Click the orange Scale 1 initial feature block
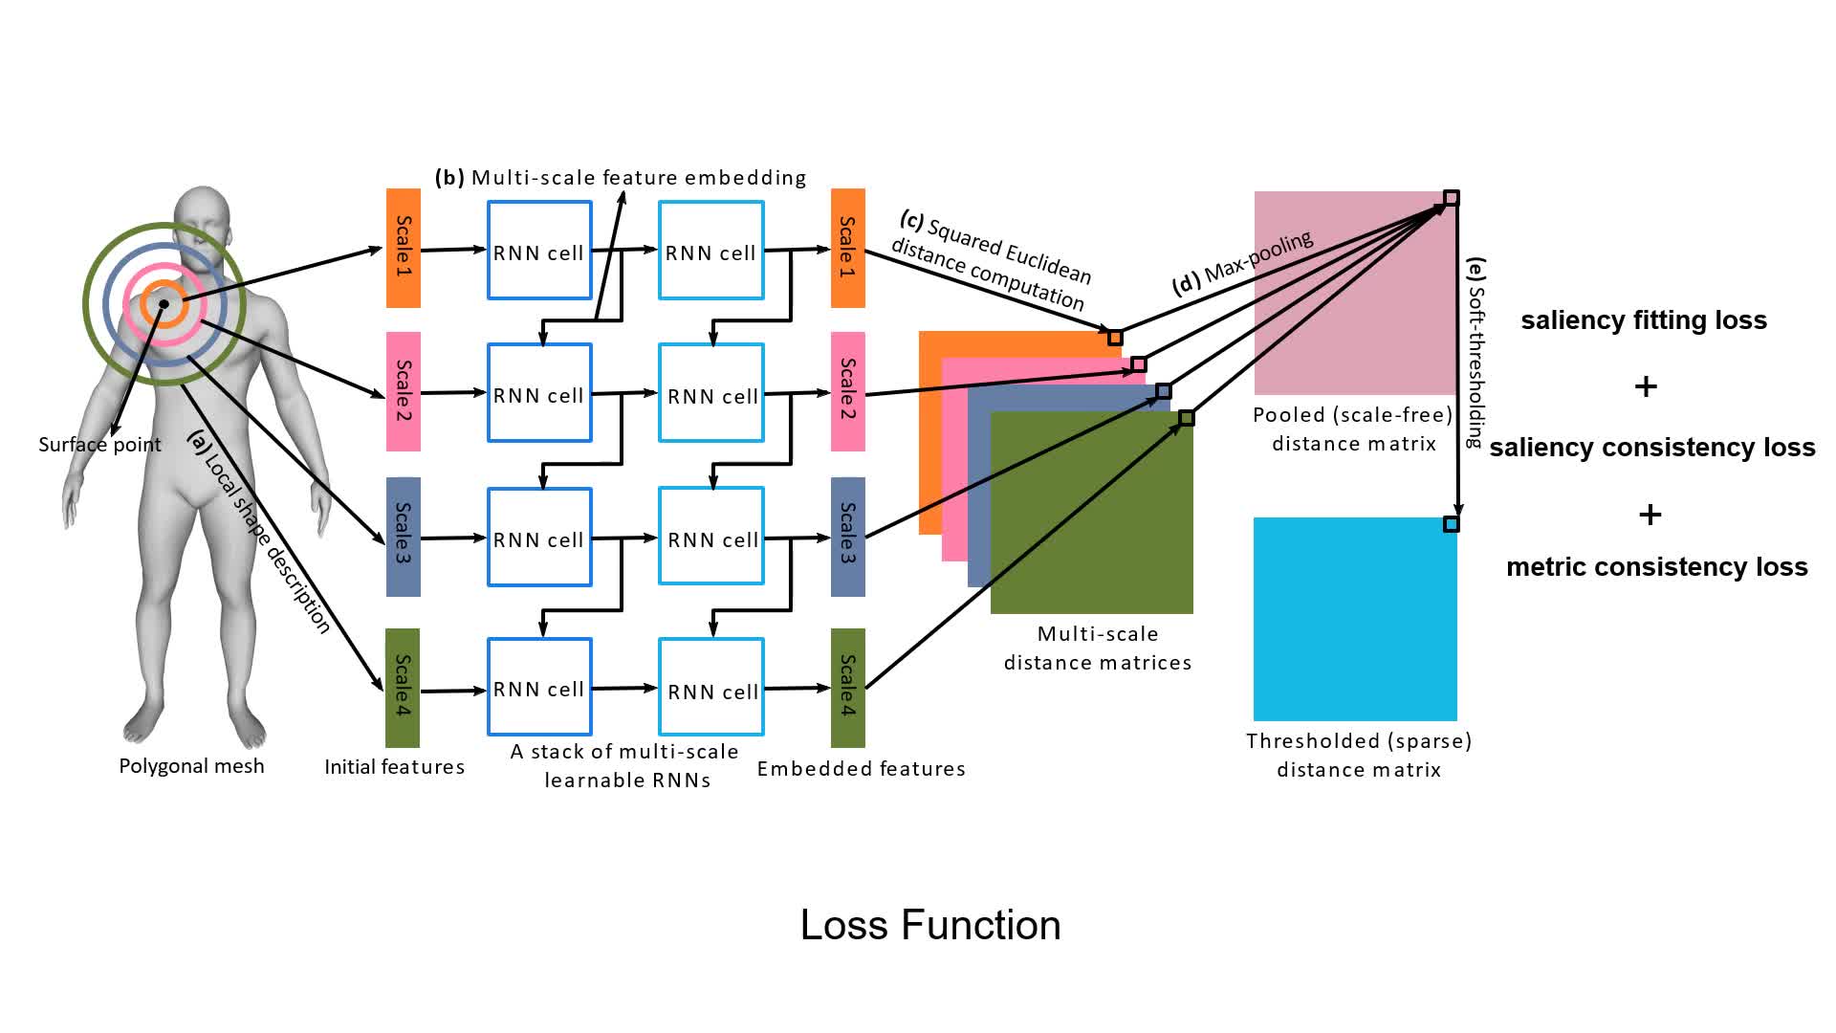403,248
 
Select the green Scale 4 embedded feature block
847,687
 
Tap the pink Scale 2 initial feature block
403,391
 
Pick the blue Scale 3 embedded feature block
847,536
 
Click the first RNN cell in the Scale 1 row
539,251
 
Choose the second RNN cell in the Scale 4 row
711,687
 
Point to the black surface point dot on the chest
164,304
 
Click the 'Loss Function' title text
929,925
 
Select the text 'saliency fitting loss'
1643,319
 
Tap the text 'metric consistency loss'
1656,567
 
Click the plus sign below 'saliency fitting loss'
1646,386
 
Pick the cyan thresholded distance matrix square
1355,620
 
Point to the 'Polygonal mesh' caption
191,766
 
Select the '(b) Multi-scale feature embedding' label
621,178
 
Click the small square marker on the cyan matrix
1451,524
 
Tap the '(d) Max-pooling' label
1242,262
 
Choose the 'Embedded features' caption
861,769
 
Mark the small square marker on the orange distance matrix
1115,338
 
